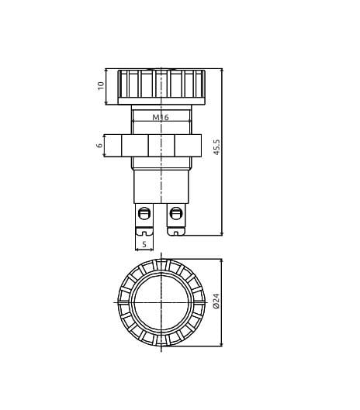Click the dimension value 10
point(101,86)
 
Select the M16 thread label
point(160,117)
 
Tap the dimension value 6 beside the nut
point(99,145)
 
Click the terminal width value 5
point(144,243)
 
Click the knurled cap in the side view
point(161,85)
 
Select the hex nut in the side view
point(161,145)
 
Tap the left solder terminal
point(144,219)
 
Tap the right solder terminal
point(176,219)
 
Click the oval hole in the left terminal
point(144,213)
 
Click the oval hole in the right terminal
point(176,213)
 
